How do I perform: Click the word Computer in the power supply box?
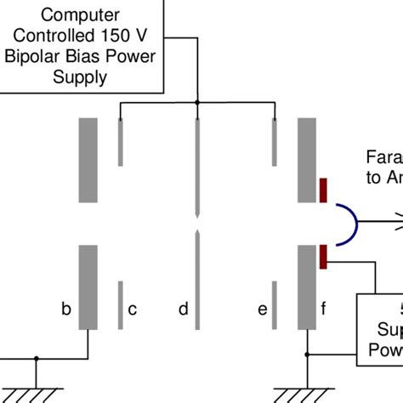coord(81,14)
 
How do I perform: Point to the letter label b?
coord(65,309)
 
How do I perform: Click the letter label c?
coord(132,309)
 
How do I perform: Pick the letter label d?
coord(183,309)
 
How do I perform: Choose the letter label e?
coord(262,309)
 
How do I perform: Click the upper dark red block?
coord(323,191)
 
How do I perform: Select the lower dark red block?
coord(323,254)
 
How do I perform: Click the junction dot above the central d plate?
coord(197,104)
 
